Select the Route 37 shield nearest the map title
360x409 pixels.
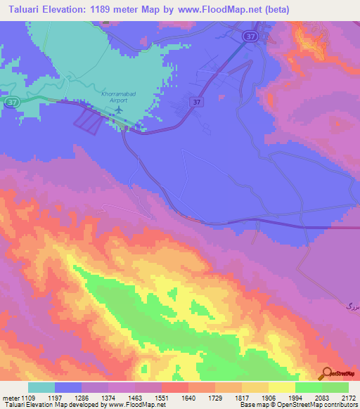pyautogui.click(x=250, y=35)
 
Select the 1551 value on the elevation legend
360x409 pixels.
pyautogui.click(x=161, y=397)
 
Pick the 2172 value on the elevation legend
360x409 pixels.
pyautogui.click(x=349, y=397)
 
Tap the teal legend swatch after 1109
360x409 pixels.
pyautogui.click(x=41, y=387)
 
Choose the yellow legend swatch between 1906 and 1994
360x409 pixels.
pyautogui.click(x=281, y=387)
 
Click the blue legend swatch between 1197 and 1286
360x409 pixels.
pyautogui.click(x=68, y=387)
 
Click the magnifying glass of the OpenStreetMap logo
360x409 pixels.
pyautogui.click(x=326, y=373)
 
